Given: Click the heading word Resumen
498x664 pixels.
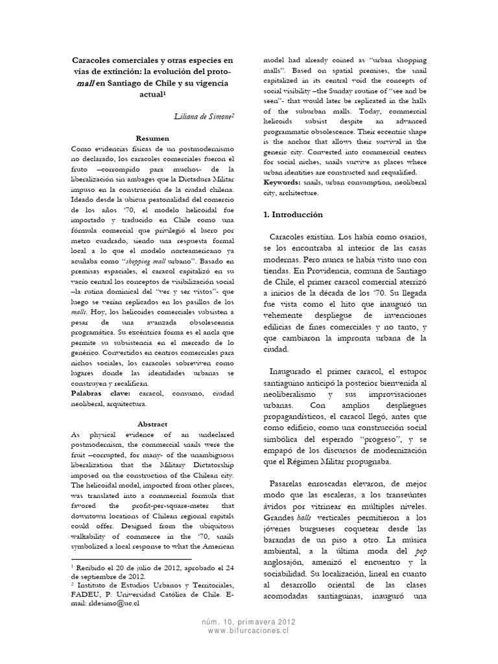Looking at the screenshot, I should click(x=152, y=138).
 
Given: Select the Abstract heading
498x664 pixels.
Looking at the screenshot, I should click(x=152, y=424).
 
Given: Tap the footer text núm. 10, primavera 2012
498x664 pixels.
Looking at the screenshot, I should click(x=249, y=621).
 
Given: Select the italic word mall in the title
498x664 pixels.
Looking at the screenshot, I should click(x=83, y=83).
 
